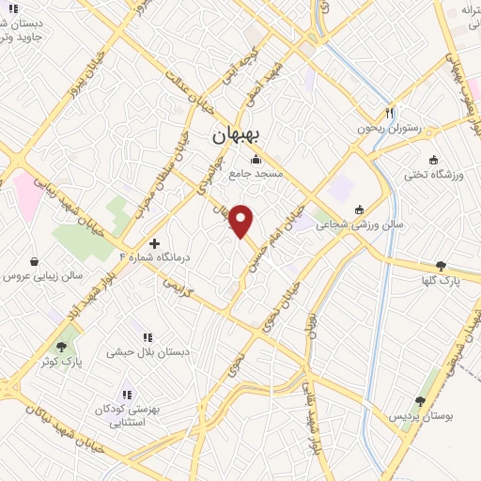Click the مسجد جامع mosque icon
pyautogui.click(x=256, y=160)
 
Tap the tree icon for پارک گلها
pyautogui.click(x=441, y=266)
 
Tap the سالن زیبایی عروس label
pyautogui.click(x=43, y=276)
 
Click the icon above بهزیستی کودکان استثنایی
pyautogui.click(x=127, y=395)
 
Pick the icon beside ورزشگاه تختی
pyautogui.click(x=433, y=159)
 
